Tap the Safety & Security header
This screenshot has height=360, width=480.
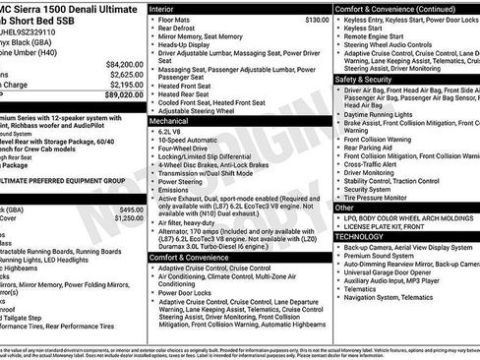pos(363,80)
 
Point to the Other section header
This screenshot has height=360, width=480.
pos(344,208)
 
